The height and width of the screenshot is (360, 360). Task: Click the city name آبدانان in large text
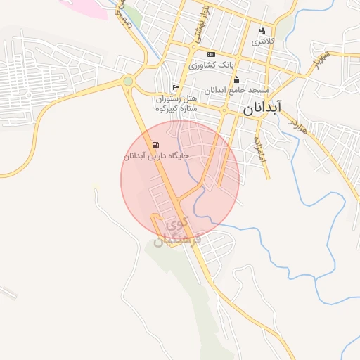[262, 108]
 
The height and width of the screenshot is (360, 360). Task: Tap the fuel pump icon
[155, 146]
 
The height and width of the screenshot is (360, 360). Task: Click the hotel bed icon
[176, 87]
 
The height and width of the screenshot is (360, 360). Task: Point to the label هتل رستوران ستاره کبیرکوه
[177, 104]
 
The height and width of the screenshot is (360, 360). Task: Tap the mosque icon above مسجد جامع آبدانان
[236, 79]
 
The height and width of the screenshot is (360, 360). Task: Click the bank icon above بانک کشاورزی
[211, 54]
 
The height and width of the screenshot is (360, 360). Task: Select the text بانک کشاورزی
[210, 65]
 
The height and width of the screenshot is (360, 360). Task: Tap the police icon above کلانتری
[263, 30]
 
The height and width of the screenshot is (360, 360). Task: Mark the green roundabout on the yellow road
[127, 82]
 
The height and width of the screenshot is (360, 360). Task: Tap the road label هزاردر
[298, 126]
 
